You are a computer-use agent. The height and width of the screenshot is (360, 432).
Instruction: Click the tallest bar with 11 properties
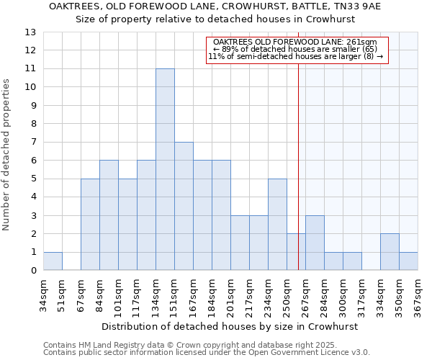coord(165,169)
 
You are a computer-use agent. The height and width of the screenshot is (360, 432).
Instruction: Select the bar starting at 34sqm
coord(53,261)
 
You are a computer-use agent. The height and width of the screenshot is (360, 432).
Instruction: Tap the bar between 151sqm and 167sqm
coord(184,206)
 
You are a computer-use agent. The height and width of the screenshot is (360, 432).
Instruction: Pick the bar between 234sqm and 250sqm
coord(277,225)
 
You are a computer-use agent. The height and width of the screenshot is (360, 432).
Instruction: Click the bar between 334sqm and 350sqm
coord(390,252)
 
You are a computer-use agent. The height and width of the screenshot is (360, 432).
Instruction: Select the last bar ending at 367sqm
coord(408,261)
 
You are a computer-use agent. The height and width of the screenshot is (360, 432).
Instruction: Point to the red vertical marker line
coord(298,166)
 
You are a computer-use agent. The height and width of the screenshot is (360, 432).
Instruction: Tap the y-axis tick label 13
coord(30,32)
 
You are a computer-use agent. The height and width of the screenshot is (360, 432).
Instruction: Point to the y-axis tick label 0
coord(33,271)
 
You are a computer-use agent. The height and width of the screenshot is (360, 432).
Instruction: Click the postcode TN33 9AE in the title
coord(356,6)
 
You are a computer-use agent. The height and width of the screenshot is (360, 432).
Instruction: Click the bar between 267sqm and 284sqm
coord(315,243)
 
